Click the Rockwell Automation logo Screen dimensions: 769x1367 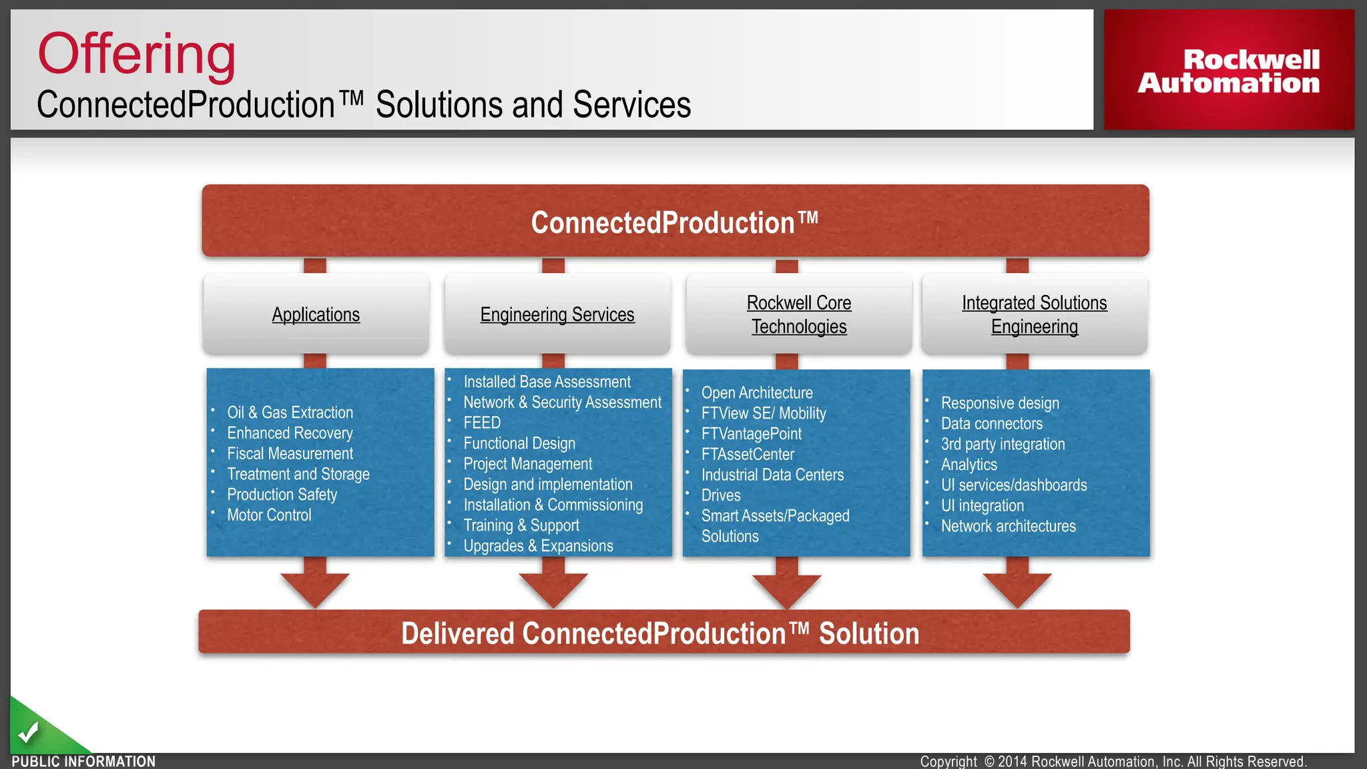click(x=1228, y=71)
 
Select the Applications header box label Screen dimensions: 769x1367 click(x=316, y=314)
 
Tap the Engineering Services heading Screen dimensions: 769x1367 click(x=557, y=314)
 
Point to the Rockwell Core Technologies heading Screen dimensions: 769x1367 click(x=799, y=314)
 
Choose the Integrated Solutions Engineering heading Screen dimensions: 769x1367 click(x=1034, y=314)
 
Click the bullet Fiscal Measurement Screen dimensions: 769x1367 click(x=290, y=454)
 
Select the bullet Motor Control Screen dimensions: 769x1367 click(x=269, y=515)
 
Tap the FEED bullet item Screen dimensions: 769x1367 click(x=482, y=423)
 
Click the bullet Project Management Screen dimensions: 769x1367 click(x=527, y=464)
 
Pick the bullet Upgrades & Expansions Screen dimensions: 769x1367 click(x=538, y=546)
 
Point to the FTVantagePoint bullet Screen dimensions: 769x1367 click(x=751, y=434)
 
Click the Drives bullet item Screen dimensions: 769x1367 click(x=721, y=495)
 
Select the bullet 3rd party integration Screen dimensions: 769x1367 click(x=1003, y=445)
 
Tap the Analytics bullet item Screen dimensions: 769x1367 click(x=969, y=465)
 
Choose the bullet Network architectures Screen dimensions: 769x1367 click(x=1008, y=527)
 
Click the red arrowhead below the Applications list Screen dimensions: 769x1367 click(x=315, y=587)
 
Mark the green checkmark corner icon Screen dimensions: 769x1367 click(x=29, y=733)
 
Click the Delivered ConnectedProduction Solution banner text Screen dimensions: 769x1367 click(x=659, y=633)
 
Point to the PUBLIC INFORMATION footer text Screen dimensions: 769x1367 click(x=83, y=762)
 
